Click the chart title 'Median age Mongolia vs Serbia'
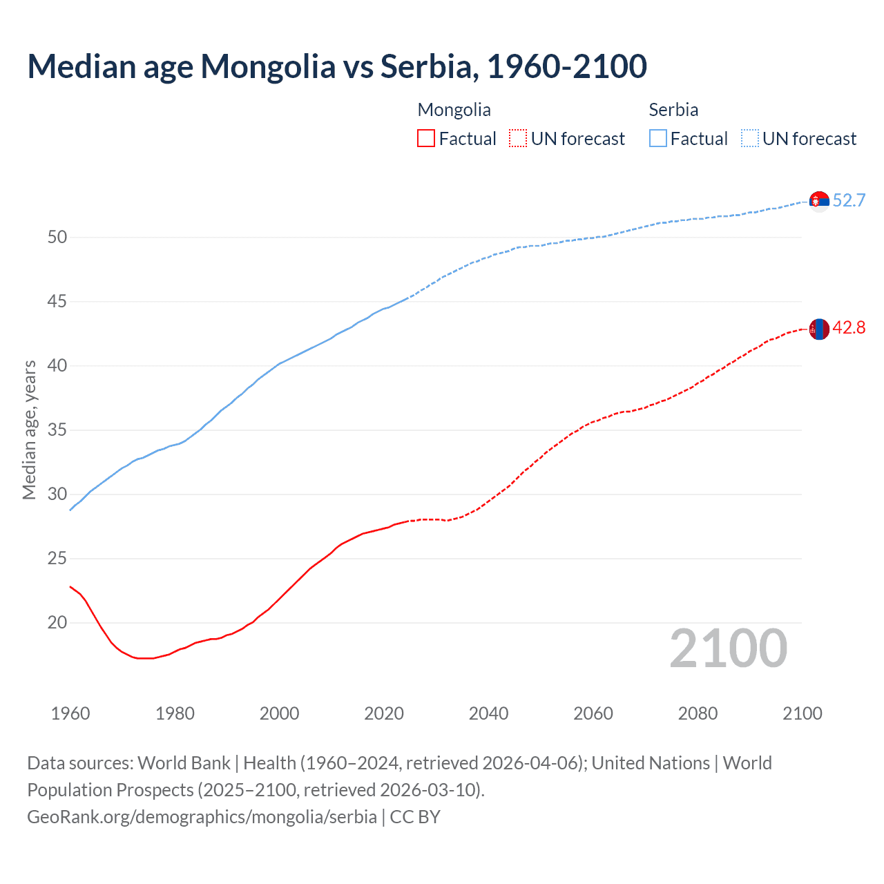click(x=337, y=66)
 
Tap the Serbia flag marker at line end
click(x=819, y=201)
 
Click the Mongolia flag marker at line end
click(x=819, y=329)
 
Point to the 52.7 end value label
click(x=849, y=201)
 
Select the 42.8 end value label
click(x=849, y=328)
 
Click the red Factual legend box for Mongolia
click(x=426, y=139)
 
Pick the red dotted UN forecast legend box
click(x=518, y=139)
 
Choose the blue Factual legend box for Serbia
click(x=658, y=139)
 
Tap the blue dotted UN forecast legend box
click(x=750, y=139)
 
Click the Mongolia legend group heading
click(x=454, y=110)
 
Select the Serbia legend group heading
click(x=673, y=110)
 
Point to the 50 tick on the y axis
click(x=57, y=238)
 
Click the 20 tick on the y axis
click(x=57, y=623)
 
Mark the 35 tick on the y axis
click(x=57, y=430)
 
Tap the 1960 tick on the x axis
click(x=70, y=713)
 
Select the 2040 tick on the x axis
click(x=488, y=713)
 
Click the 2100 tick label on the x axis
click(x=803, y=713)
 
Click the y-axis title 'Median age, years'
click(x=29, y=430)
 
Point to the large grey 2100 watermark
click(x=729, y=648)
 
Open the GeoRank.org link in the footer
click(x=202, y=817)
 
